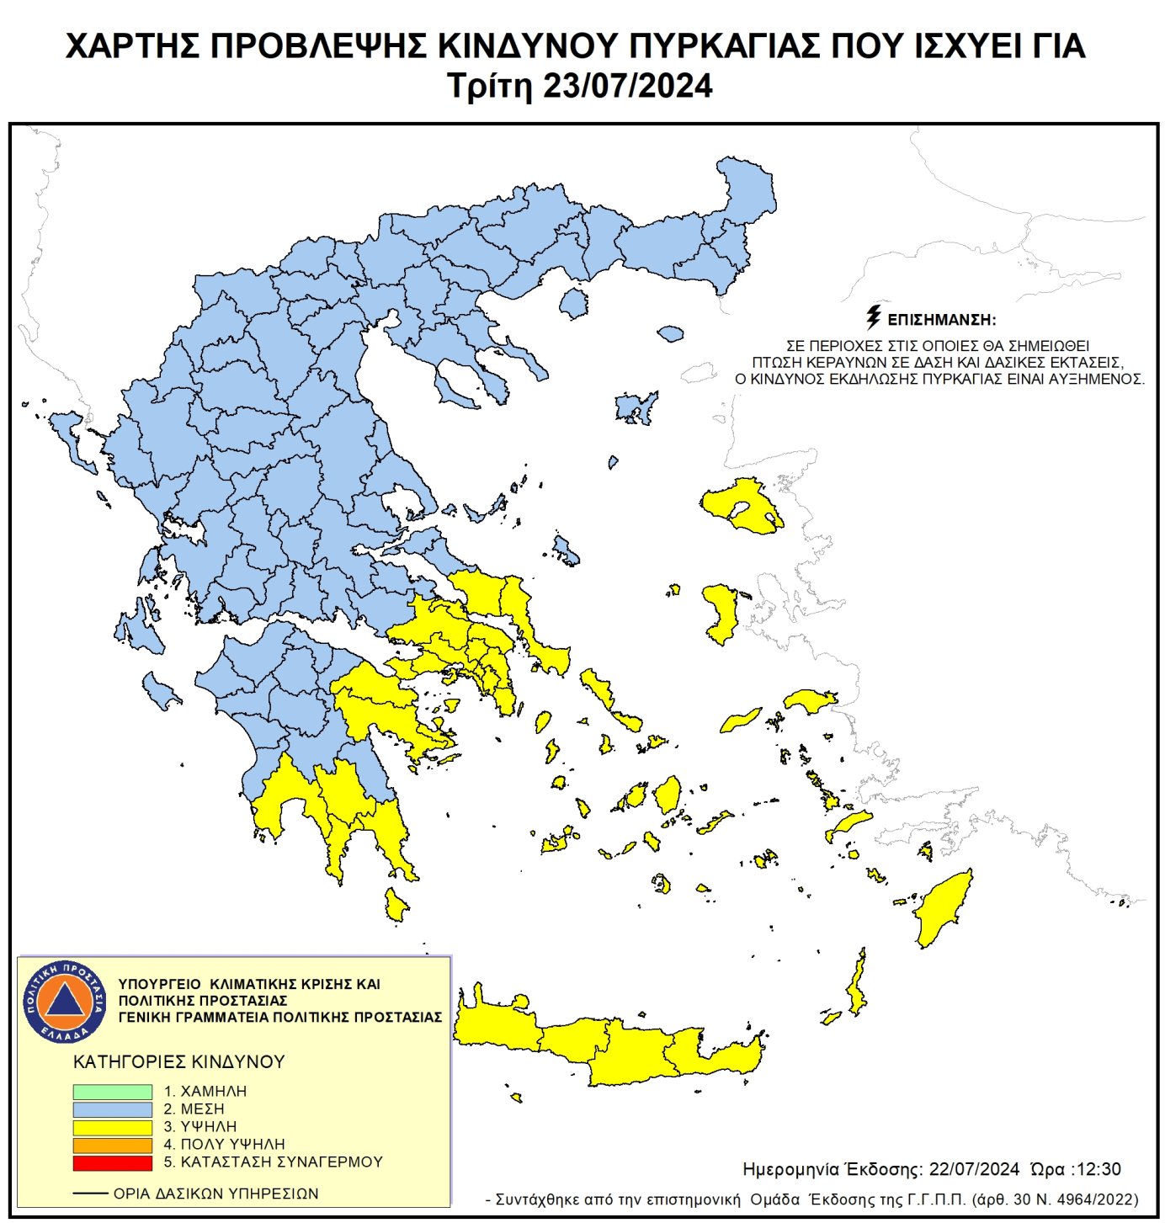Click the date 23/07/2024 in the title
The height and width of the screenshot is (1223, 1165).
pos(627,86)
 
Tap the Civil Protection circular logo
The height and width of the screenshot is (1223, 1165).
pos(65,1001)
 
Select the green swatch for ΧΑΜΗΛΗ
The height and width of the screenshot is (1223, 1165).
pos(112,1091)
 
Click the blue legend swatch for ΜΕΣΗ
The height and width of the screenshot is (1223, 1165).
pos(112,1109)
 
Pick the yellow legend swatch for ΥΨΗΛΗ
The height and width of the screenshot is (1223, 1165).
pos(112,1127)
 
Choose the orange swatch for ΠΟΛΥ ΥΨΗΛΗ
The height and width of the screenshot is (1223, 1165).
pos(112,1145)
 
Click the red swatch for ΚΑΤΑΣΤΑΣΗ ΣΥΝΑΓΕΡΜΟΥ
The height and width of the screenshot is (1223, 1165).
pos(112,1162)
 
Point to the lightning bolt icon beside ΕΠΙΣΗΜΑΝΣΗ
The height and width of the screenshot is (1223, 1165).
pos(874,317)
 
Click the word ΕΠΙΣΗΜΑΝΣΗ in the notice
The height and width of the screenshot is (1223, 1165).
pos(941,320)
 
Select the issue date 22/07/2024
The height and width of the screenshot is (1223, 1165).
pos(974,1169)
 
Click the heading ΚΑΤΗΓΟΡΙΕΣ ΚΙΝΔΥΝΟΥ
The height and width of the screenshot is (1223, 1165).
pos(179,1061)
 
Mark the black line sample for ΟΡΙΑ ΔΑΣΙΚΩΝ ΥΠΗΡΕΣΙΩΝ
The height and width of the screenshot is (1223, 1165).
pos(90,1194)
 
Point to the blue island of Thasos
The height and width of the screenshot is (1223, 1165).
pos(574,303)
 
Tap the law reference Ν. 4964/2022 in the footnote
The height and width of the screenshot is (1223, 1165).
pos(1091,1199)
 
